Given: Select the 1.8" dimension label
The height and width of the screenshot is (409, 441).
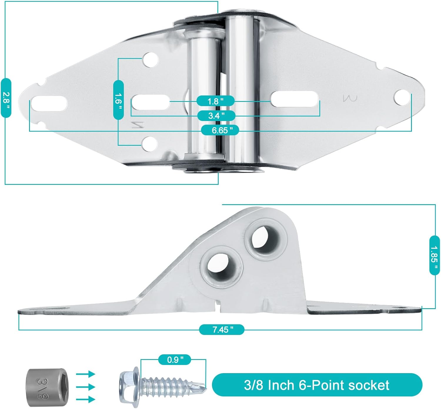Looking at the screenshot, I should point(216,101).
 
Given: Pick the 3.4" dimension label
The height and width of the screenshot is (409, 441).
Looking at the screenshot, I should point(216,115).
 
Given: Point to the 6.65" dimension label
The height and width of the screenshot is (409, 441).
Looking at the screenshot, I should point(220,130).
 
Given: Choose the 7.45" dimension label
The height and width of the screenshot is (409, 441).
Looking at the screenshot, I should point(222,329).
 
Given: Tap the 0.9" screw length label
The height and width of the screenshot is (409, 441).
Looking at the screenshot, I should point(175,359).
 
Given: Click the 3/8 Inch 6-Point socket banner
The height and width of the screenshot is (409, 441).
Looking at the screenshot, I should point(317,385).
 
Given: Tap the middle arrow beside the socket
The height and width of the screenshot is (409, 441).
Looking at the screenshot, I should point(86,387).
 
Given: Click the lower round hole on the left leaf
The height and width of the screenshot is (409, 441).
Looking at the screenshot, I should point(149,143).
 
